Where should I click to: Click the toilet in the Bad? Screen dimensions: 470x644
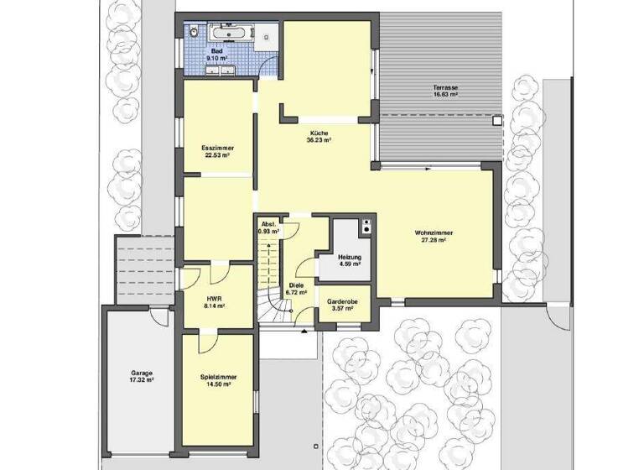pos(194,33)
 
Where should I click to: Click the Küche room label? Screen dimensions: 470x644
pos(319,133)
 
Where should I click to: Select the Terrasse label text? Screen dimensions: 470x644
pos(445,87)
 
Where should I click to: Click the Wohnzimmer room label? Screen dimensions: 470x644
pos(434,232)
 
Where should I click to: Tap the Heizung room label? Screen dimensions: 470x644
pos(349,257)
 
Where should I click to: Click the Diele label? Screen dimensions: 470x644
pos(296,286)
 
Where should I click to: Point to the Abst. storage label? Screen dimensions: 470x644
pos(269,224)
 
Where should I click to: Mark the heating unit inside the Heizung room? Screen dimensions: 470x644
pos(365,227)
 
